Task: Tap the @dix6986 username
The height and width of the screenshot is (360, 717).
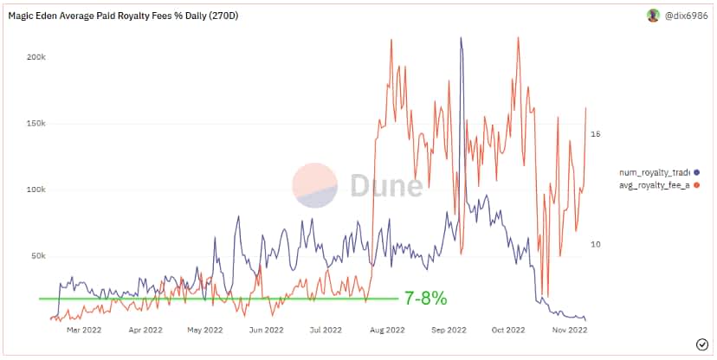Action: click(x=686, y=16)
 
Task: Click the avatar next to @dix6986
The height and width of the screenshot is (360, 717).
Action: click(x=653, y=16)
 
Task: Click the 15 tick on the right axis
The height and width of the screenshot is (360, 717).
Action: click(x=596, y=134)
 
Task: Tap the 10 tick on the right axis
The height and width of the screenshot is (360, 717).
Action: click(x=596, y=245)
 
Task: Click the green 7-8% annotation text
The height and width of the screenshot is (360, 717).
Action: click(x=425, y=299)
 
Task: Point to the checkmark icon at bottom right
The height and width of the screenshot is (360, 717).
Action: click(x=701, y=344)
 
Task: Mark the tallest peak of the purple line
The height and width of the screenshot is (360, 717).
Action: click(x=461, y=39)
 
